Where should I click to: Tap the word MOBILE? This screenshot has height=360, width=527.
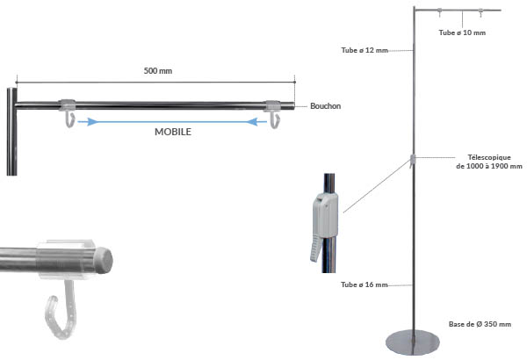coord(172,135)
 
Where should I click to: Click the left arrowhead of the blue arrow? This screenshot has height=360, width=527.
coord(82,123)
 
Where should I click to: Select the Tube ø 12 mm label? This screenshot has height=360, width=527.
coord(364,50)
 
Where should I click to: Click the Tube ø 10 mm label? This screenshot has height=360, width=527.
coord(461,32)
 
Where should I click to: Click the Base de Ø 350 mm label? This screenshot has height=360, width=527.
coord(480,324)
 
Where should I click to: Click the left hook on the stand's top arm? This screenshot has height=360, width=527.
coord(437,13)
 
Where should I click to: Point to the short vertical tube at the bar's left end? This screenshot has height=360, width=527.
coord(12,132)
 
